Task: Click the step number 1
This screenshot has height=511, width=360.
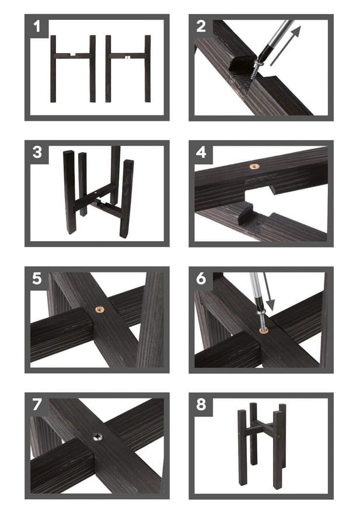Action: click(x=37, y=26)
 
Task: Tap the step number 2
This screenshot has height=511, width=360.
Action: click(x=201, y=26)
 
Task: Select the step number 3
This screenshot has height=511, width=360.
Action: click(x=37, y=152)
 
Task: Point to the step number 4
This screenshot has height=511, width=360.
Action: click(x=201, y=152)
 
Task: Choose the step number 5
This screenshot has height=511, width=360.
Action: click(x=37, y=279)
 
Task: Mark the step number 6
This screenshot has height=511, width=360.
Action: click(x=201, y=279)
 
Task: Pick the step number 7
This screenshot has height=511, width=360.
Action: click(x=37, y=405)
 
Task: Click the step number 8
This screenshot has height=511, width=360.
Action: click(x=201, y=405)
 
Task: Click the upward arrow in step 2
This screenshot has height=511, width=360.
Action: click(x=285, y=46)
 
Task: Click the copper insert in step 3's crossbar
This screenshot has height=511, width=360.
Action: click(x=96, y=193)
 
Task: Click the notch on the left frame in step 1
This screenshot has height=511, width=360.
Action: click(x=74, y=54)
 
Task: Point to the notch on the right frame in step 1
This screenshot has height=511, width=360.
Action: click(x=128, y=58)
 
